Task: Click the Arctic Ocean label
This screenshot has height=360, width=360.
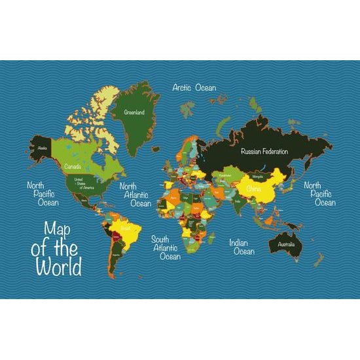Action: point(194,87)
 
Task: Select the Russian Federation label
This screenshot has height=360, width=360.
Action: point(264,151)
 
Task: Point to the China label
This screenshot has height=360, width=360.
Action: point(254,189)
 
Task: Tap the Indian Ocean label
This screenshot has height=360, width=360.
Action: point(242,247)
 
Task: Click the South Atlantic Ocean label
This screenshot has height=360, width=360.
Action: point(166,247)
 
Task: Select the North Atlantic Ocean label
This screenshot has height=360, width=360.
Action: point(135,194)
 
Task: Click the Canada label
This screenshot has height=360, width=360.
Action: point(73,166)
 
